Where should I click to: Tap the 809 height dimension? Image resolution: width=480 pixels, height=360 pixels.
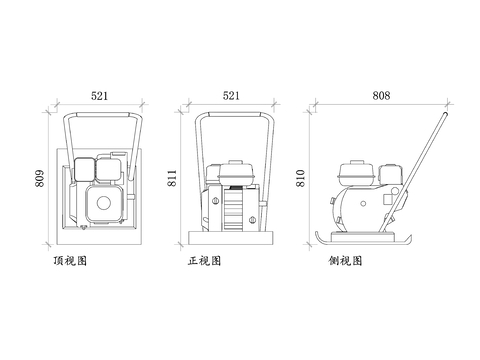pyautogui.click(x=41, y=179)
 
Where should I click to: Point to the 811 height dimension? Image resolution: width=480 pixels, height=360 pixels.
pyautogui.click(x=173, y=179)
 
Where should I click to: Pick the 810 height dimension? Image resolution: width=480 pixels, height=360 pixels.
pyautogui.click(x=300, y=178)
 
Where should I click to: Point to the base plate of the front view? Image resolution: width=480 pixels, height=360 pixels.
pyautogui.click(x=232, y=237)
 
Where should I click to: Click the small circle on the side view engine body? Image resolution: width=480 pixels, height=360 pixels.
pyautogui.click(x=387, y=200)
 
